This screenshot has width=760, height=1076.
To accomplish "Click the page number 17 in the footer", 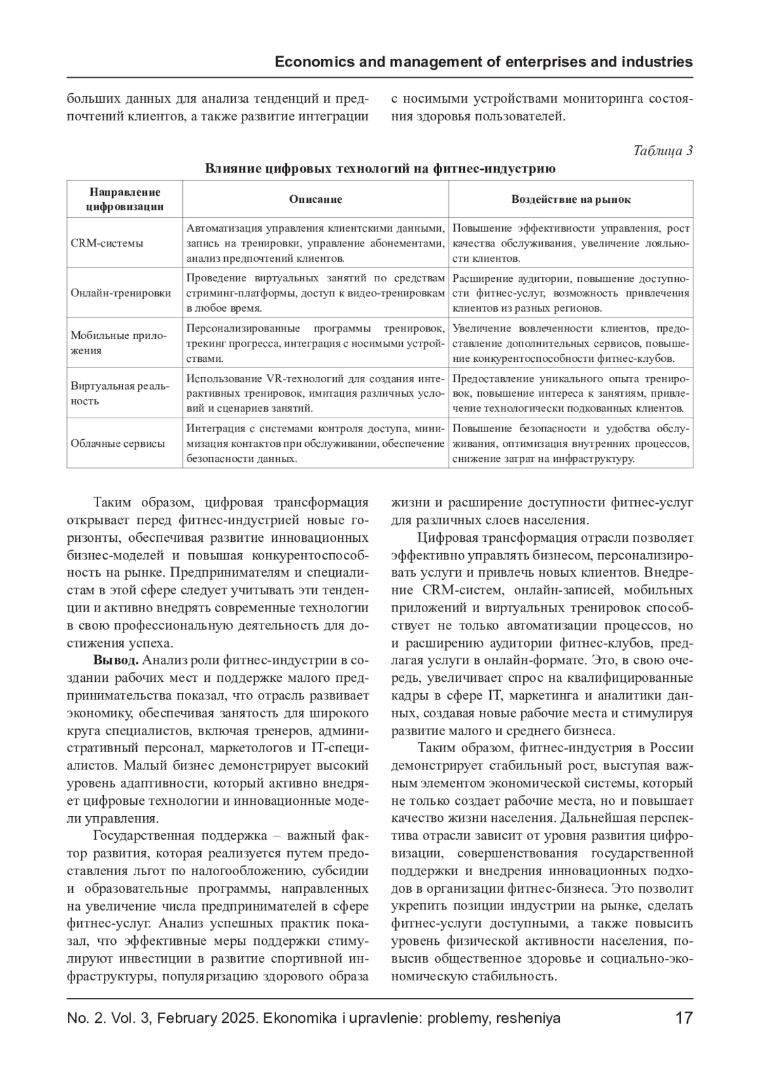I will pyautogui.click(x=684, y=1018).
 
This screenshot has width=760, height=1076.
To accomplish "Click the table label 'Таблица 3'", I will pyautogui.click(x=663, y=151).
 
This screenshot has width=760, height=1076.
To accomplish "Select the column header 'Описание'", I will pyautogui.click(x=315, y=200).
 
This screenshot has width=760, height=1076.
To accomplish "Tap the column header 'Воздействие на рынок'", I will pyautogui.click(x=571, y=200).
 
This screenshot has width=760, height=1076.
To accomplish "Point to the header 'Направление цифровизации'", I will pyautogui.click(x=125, y=199).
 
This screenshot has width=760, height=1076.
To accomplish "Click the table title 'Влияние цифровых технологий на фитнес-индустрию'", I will pyautogui.click(x=380, y=169).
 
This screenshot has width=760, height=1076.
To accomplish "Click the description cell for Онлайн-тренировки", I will pyautogui.click(x=315, y=293).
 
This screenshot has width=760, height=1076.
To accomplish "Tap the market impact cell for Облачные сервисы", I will pyautogui.click(x=571, y=443).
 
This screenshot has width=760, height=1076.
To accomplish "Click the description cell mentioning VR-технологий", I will pyautogui.click(x=315, y=393).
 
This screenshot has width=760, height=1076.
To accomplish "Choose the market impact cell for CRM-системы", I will pyautogui.click(x=571, y=243).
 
